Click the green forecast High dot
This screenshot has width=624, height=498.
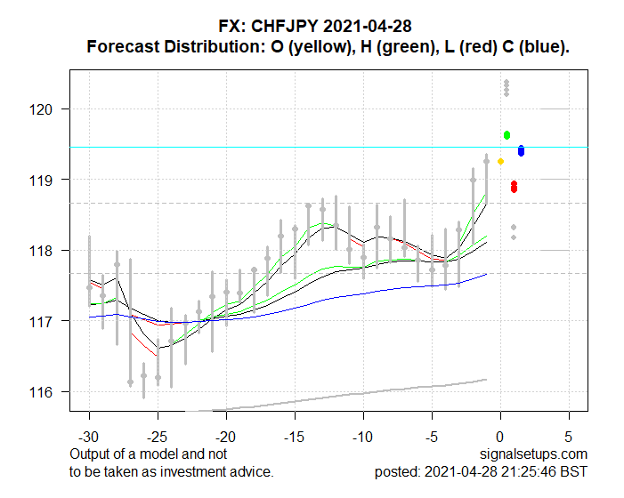pyautogui.click(x=506, y=135)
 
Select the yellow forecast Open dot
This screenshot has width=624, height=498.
pyautogui.click(x=500, y=161)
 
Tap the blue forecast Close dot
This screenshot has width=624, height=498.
pyautogui.click(x=521, y=151)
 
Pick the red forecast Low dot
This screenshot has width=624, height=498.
pyautogui.click(x=514, y=187)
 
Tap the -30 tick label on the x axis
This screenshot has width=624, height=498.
pyautogui.click(x=89, y=438)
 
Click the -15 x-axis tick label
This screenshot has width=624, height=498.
pyautogui.click(x=294, y=438)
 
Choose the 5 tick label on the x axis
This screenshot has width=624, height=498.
pyautogui.click(x=568, y=438)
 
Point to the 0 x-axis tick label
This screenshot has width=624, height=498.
pyautogui.click(x=499, y=438)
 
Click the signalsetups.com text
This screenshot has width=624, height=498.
pyautogui.click(x=537, y=454)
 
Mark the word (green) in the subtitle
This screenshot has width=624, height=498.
pyautogui.click(x=410, y=46)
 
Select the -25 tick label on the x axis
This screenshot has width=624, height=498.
pyautogui.click(x=158, y=438)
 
